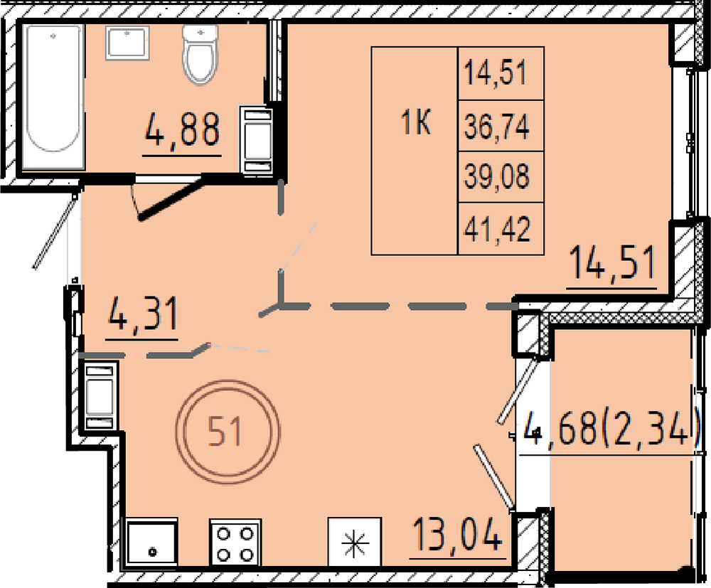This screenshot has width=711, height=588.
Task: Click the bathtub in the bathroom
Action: coord(53,97)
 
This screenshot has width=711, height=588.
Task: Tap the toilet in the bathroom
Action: coord(200,54)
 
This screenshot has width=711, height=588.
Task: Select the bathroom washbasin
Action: coord(127,43)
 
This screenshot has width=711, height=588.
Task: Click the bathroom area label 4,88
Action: coord(182,130)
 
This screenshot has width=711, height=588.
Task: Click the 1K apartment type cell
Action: coord(415,151)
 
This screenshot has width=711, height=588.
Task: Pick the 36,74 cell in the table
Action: coord(501,126)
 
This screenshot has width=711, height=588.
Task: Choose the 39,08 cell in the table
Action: coord(501,177)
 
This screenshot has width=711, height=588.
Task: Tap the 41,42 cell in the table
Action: coord(501,228)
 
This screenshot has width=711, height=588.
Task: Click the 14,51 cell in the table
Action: coord(501,73)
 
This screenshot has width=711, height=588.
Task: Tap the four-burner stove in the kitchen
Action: coord(235,542)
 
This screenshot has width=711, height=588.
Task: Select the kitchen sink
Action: coord(151,542)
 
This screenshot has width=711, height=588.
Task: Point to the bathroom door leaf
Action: coord(170,200)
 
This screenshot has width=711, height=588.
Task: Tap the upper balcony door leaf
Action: coord(518,390)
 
